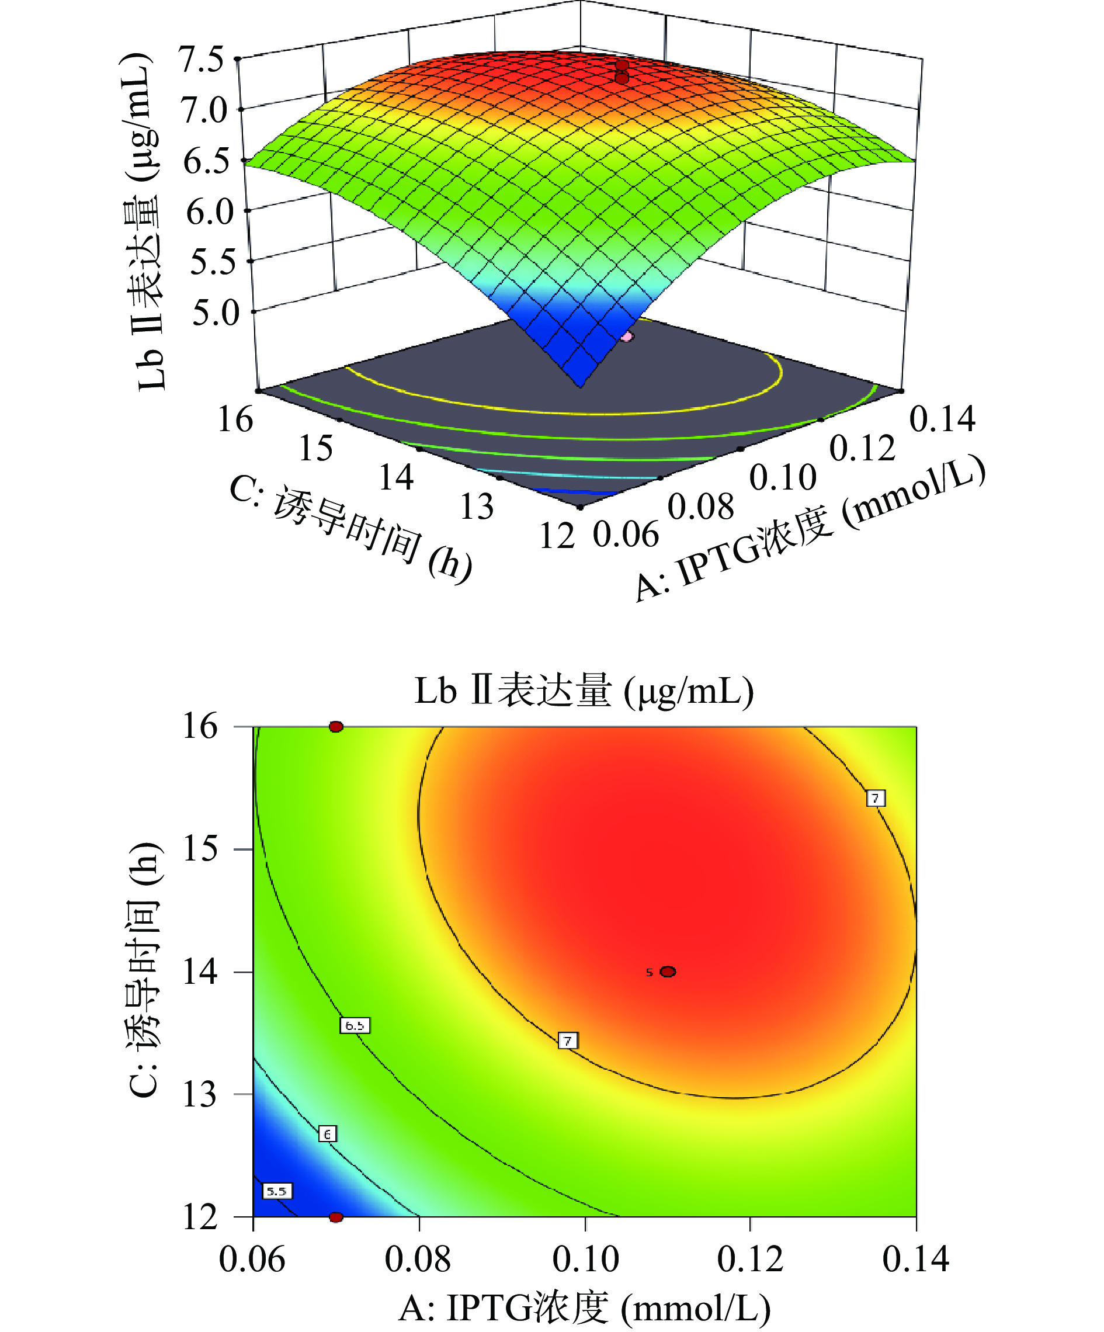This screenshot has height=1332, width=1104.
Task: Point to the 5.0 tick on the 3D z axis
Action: click(x=216, y=313)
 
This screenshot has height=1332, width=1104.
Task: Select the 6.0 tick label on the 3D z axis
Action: click(x=210, y=212)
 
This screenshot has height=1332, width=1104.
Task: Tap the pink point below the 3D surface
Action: click(x=627, y=337)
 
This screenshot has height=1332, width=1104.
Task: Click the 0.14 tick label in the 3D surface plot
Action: click(x=942, y=419)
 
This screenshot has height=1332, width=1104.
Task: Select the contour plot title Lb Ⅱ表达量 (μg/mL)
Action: click(x=584, y=691)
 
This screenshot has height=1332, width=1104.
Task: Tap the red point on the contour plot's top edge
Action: click(x=336, y=726)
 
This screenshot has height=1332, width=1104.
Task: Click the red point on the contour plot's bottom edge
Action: click(x=336, y=1216)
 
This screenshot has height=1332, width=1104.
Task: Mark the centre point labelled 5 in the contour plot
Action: click(x=668, y=972)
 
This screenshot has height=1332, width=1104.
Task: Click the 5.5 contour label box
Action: click(x=277, y=1191)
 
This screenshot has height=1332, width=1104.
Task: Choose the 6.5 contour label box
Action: click(x=355, y=1025)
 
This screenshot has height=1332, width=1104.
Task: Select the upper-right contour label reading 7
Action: click(x=875, y=798)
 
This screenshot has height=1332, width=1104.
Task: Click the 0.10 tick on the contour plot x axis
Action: click(x=585, y=1259)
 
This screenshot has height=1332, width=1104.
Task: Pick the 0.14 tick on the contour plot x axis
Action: click(x=915, y=1259)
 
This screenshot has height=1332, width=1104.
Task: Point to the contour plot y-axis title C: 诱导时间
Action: click(x=145, y=970)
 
